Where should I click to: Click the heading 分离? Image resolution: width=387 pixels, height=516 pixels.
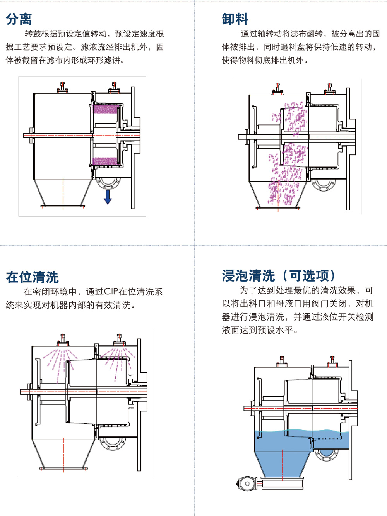[19, 19]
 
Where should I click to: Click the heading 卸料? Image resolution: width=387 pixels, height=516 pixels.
[235, 19]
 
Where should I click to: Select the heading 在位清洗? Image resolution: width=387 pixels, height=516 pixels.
[32, 277]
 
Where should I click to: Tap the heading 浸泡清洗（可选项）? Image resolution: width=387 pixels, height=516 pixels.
[279, 275]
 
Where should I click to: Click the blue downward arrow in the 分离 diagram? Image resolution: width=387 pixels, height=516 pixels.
[108, 197]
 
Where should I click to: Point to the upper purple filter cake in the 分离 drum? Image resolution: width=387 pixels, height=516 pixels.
[106, 109]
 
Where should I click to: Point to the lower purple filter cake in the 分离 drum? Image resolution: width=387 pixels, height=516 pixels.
[106, 161]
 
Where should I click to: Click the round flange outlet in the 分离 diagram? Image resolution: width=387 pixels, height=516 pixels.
[108, 182]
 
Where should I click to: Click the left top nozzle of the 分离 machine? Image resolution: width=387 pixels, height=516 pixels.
[62, 88]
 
